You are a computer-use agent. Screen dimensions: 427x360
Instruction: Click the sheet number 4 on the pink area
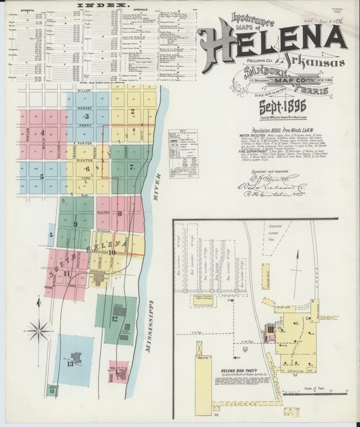coord(42,133)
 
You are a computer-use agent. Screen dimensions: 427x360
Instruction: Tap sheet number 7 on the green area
coord(131,168)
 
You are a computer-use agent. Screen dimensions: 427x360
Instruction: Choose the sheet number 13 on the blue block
coord(70,364)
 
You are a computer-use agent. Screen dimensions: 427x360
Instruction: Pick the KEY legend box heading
coord(183,130)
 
